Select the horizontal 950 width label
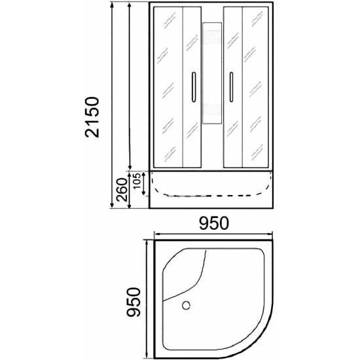pyautogui.click(x=215, y=223)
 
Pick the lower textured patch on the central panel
pyautogui.click(x=212, y=109)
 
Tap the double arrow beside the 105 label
pyautogui.click(x=144, y=184)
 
